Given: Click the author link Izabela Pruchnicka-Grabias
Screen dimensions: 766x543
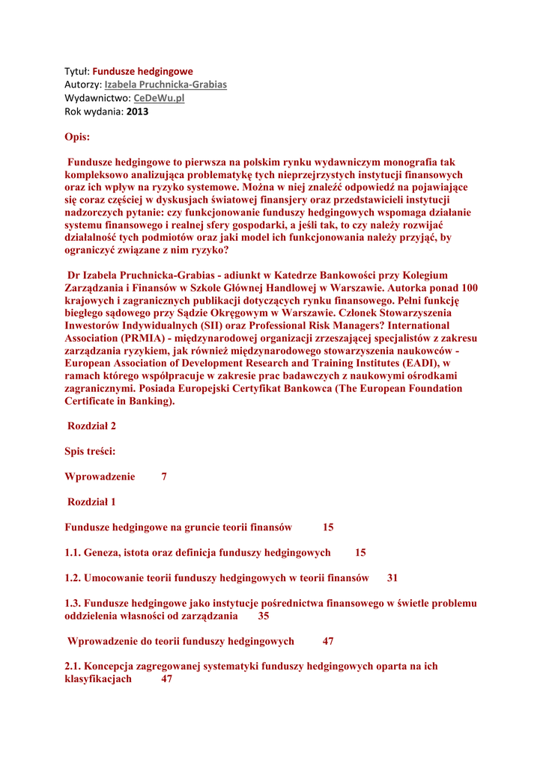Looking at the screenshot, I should click(165, 85).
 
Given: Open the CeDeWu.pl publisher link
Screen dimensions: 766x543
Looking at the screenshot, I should click(159, 98).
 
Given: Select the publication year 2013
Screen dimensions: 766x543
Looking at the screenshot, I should click(138, 111).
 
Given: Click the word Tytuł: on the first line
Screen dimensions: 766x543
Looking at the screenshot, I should click(77, 71).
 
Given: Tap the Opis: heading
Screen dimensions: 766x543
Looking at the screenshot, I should click(77, 137).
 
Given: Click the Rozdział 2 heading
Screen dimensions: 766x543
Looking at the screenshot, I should click(91, 426).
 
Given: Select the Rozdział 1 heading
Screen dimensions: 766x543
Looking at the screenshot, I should click(91, 501).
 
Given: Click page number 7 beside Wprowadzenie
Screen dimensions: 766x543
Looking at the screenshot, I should click(164, 477).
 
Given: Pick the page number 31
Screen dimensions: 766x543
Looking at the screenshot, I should click(392, 577).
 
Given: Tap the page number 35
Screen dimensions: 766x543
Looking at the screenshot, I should click(264, 616).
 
